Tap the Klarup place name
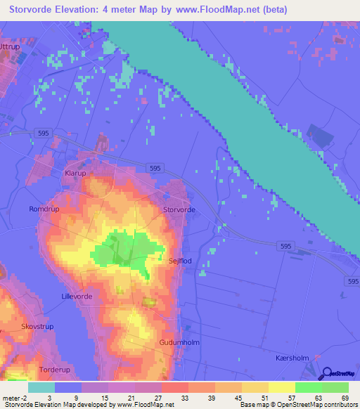point(75,172)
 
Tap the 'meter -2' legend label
point(13,398)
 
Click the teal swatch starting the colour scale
point(41,387)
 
